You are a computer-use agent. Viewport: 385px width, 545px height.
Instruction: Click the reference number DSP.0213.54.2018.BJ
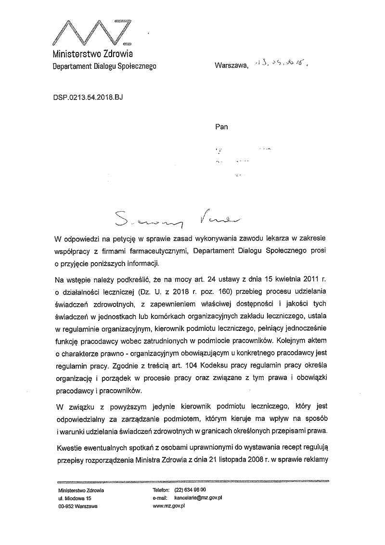88,97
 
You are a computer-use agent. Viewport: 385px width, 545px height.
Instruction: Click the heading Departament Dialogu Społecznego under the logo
104,66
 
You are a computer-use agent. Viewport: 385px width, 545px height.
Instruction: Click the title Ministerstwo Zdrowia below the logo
93,54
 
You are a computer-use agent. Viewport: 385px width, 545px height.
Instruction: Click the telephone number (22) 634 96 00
190,490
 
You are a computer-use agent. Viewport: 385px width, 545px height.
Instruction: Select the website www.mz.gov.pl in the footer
169,507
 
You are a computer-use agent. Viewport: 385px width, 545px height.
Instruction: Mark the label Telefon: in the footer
161,490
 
